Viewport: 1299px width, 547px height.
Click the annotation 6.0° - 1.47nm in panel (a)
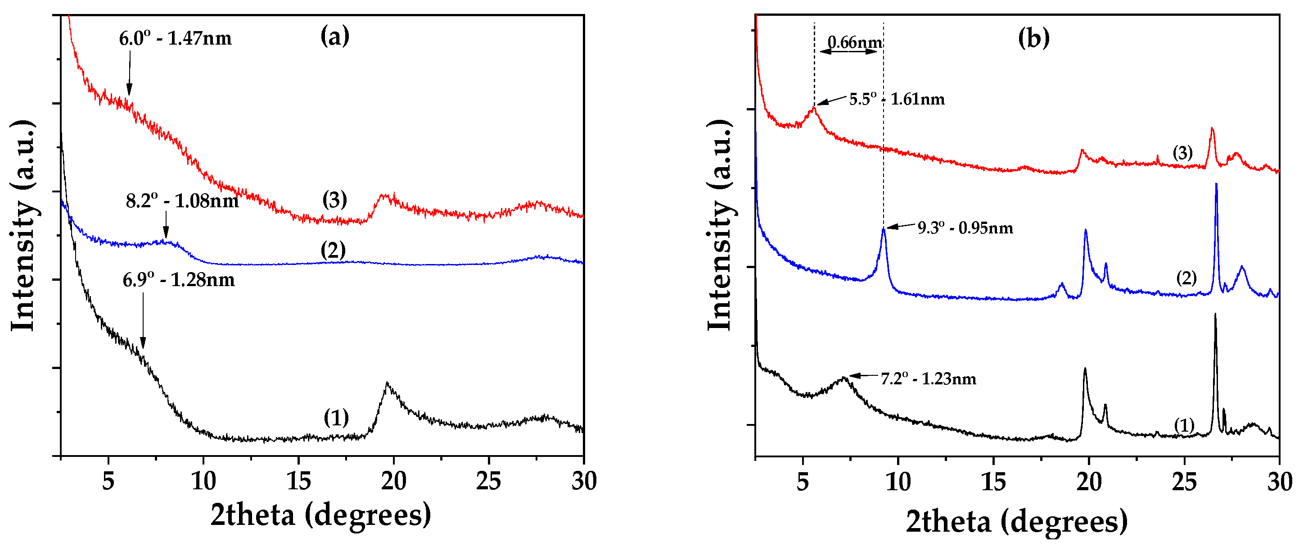(x=175, y=38)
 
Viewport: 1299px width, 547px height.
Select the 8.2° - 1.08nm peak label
(x=182, y=201)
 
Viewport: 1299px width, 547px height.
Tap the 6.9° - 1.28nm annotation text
(x=179, y=279)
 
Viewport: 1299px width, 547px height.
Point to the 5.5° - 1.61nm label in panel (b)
(x=897, y=99)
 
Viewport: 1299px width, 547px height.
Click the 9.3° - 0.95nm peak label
(x=965, y=228)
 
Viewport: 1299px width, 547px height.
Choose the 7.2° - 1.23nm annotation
(x=928, y=378)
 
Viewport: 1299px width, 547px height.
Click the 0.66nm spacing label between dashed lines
(x=855, y=42)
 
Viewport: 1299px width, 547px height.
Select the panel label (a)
(x=335, y=36)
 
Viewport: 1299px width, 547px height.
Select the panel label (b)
(x=1034, y=38)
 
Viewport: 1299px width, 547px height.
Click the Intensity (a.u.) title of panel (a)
(x=23, y=226)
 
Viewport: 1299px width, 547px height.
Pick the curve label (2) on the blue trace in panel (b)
(x=1186, y=278)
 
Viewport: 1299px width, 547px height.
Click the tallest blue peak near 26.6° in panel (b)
(x=1216, y=185)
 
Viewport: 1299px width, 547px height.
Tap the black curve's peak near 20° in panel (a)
(x=387, y=383)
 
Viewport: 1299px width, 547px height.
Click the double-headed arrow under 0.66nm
(x=849, y=51)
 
